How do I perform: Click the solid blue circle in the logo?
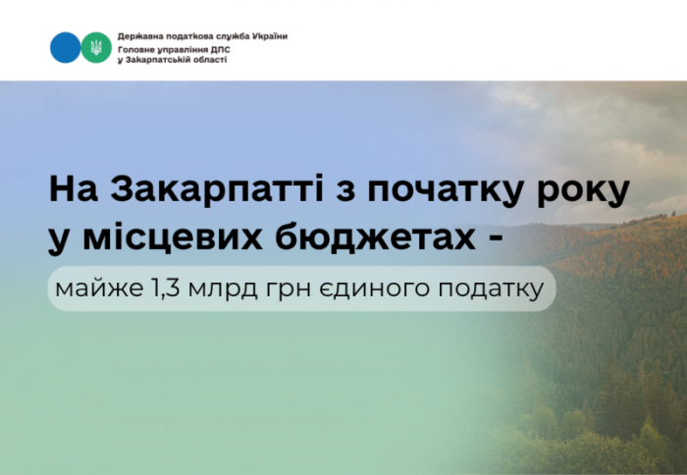tap(66, 47)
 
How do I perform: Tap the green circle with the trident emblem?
tap(96, 47)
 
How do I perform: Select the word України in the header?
tap(267, 35)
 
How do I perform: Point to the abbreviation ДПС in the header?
tap(217, 47)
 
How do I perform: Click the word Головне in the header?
tap(134, 47)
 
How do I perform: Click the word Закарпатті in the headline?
tap(199, 189)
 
